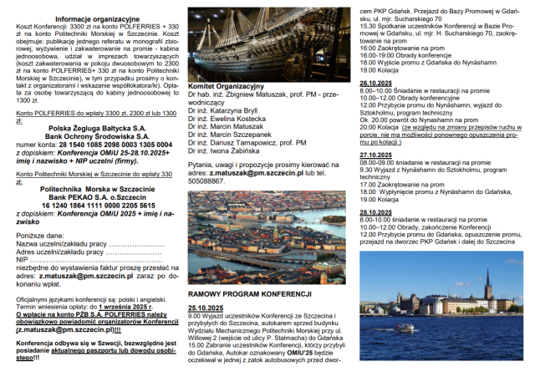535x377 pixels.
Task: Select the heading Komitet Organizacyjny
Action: (227, 86)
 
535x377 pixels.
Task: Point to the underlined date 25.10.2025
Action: (206, 308)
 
